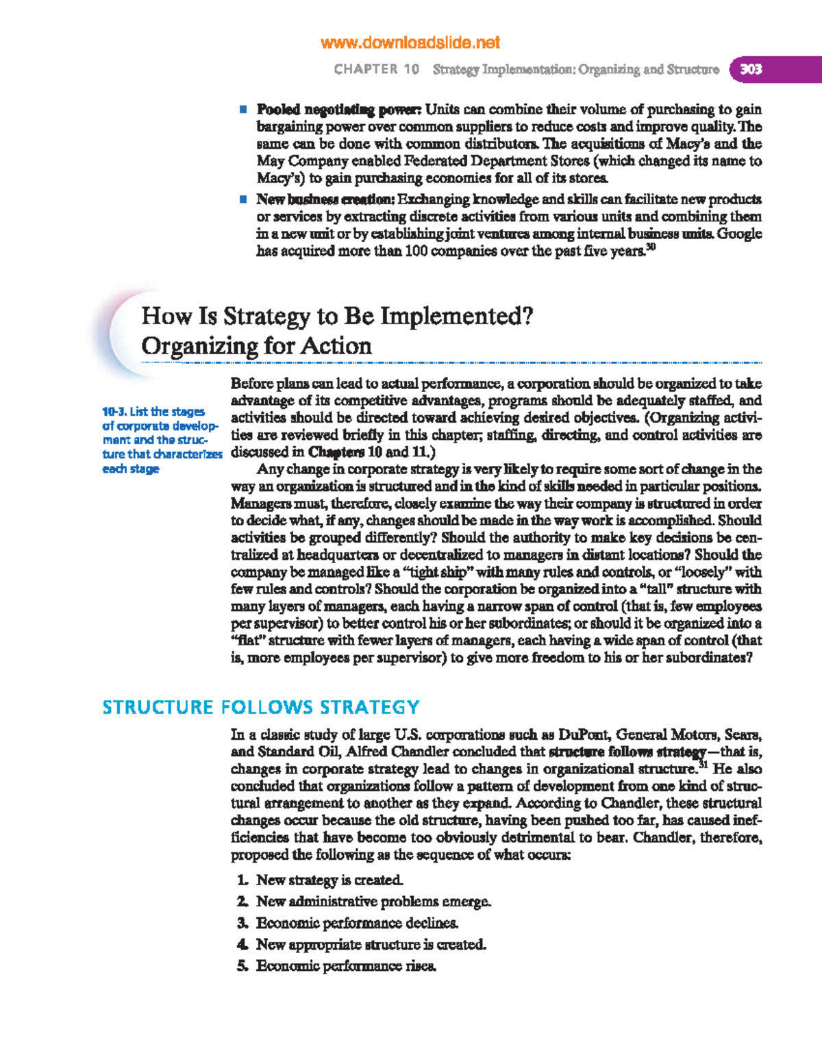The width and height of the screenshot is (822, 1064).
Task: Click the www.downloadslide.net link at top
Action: click(x=410, y=42)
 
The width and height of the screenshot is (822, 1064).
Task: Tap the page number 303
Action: click(x=751, y=69)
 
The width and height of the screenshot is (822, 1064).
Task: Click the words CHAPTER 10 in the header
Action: click(x=376, y=69)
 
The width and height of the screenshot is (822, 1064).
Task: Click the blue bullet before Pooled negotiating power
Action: click(x=242, y=110)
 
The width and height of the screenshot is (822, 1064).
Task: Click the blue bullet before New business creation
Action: click(x=242, y=199)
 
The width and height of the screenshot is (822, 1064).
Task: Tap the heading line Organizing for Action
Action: click(x=256, y=346)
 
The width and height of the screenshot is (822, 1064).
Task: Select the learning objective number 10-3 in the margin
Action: click(x=114, y=412)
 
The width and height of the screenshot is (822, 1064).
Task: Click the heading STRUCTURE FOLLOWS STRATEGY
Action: click(x=260, y=707)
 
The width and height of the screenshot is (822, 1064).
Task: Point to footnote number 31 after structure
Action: click(x=702, y=765)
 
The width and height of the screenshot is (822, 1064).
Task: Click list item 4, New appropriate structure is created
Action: click(x=371, y=944)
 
